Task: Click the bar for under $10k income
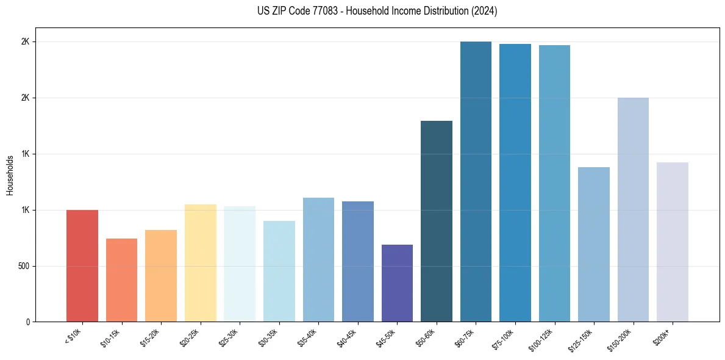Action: click(x=82, y=265)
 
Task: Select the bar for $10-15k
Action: click(x=121, y=280)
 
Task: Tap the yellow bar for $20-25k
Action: click(x=200, y=263)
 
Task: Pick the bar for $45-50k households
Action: click(x=397, y=283)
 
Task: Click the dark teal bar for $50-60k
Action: click(x=437, y=221)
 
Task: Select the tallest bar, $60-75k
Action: click(x=476, y=181)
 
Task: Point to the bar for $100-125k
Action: click(x=554, y=183)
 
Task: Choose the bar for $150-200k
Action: click(x=633, y=209)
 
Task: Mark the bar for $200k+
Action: click(x=673, y=242)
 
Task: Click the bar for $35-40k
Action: click(x=318, y=259)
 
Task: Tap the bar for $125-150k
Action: click(x=594, y=244)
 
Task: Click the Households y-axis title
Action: click(x=10, y=175)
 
